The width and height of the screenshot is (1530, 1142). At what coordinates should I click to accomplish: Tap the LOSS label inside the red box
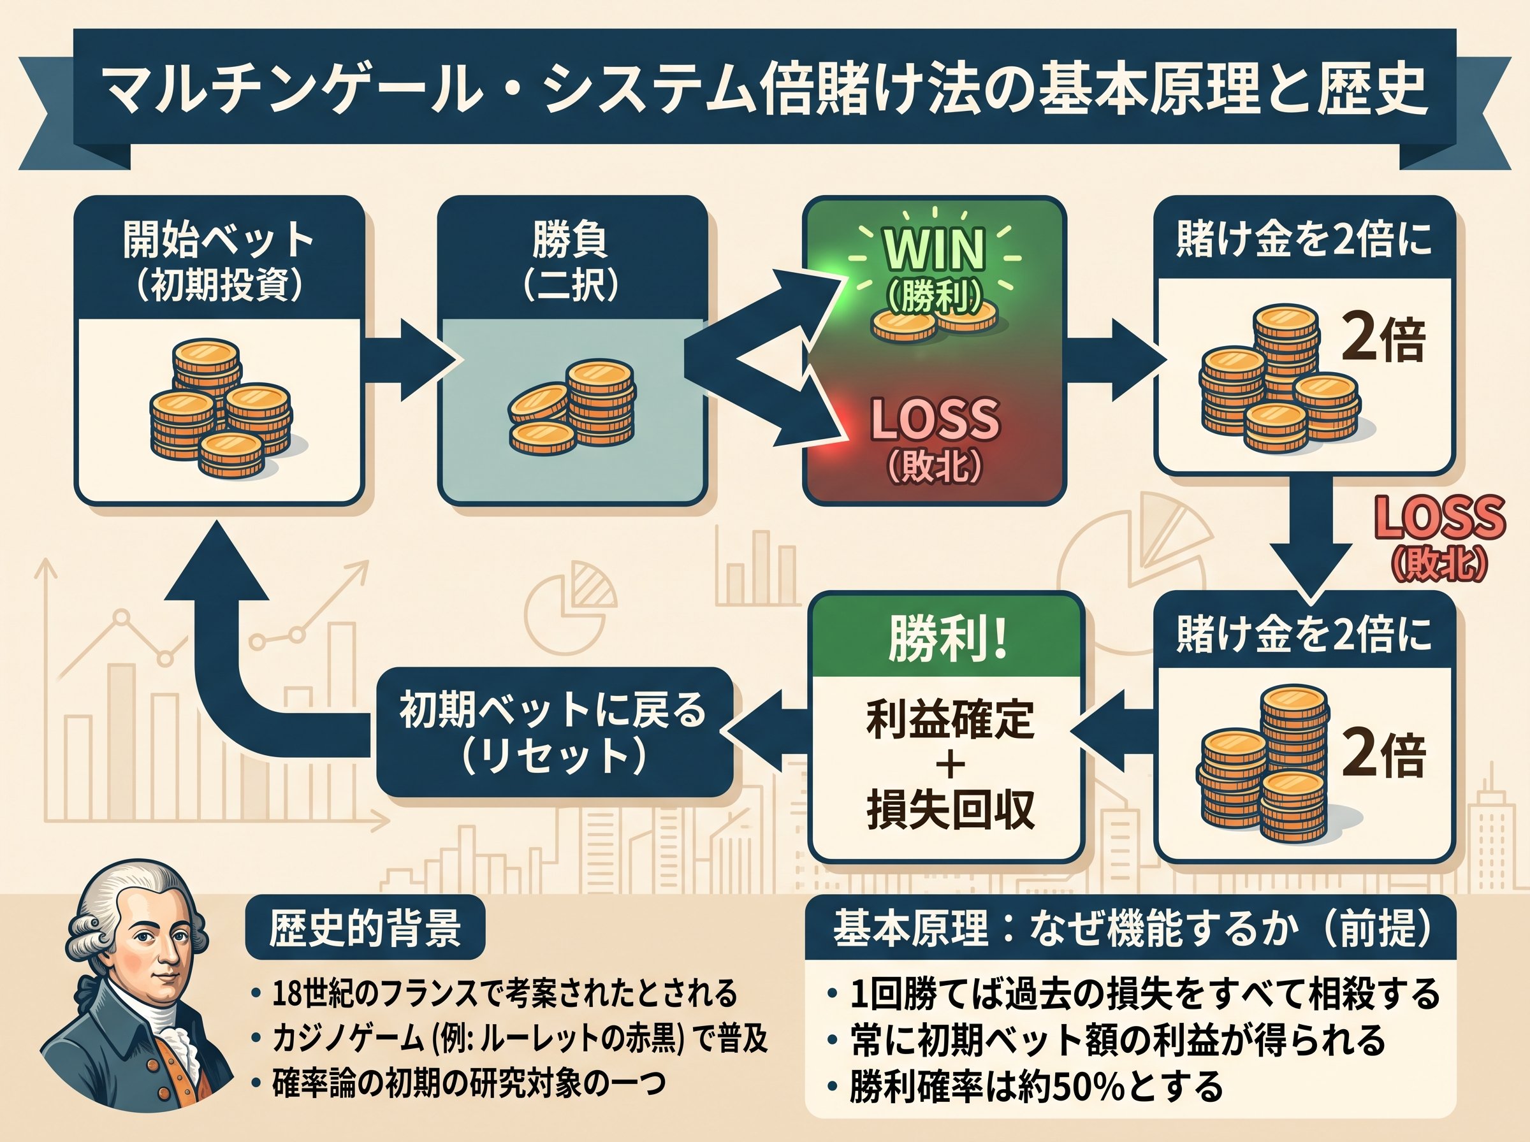[934, 419]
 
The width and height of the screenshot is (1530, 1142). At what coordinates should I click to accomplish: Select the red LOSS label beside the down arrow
[1439, 517]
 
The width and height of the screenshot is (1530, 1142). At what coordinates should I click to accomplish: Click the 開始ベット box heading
[219, 261]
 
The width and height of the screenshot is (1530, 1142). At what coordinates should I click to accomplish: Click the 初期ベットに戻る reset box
[555, 732]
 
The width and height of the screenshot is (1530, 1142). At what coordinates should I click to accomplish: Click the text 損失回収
[951, 810]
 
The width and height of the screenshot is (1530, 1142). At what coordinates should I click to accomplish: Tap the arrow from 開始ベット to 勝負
[411, 359]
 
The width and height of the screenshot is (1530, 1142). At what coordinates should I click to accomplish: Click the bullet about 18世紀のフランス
[494, 994]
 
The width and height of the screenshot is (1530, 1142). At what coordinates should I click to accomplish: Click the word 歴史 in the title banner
[1372, 89]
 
